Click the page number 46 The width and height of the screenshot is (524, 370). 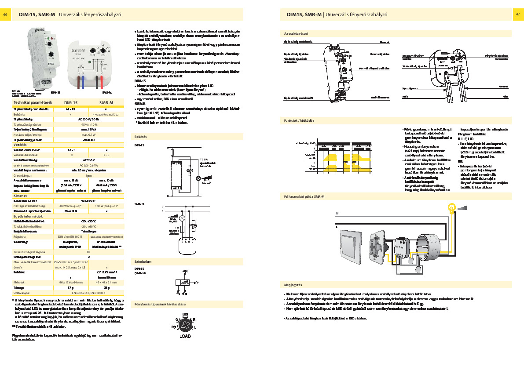(x=6, y=15)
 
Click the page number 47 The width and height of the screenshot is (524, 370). (x=517, y=15)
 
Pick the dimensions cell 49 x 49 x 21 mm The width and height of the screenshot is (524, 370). (x=106, y=282)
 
